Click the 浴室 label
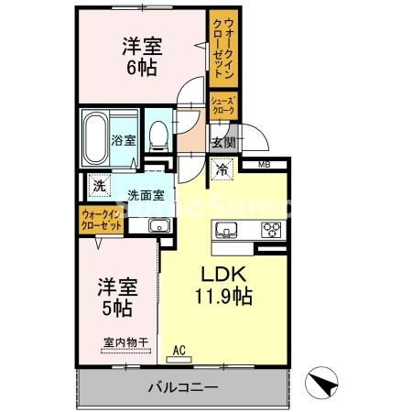124,140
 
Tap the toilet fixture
159,136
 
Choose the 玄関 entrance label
223,142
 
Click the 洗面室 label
146,194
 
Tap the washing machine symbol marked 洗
99,186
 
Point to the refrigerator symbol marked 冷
222,168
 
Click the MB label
264,165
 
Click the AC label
179,349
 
